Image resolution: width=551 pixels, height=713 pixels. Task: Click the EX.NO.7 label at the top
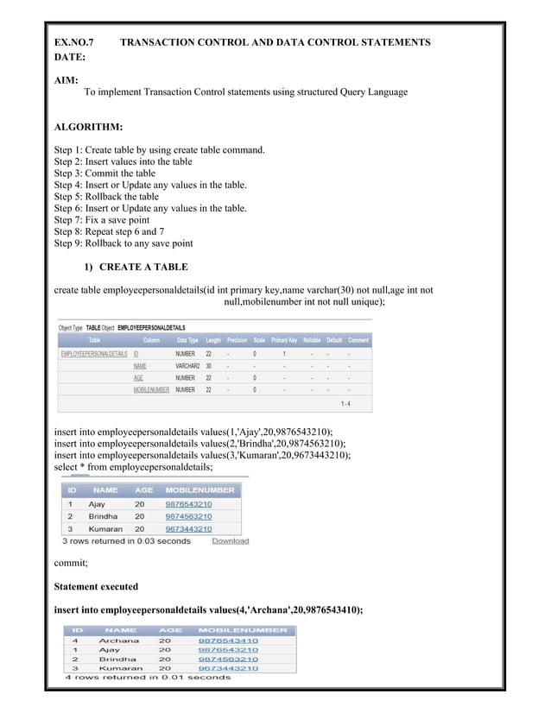(x=73, y=41)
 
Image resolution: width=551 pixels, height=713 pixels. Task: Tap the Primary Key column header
(x=284, y=340)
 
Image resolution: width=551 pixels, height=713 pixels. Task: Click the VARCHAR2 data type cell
(x=187, y=366)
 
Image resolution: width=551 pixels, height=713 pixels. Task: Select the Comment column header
(x=358, y=340)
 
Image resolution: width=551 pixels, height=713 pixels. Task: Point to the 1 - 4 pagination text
(x=345, y=402)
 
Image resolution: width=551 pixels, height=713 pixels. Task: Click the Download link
(x=230, y=541)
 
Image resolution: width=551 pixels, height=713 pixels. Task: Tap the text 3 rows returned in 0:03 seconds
(x=126, y=541)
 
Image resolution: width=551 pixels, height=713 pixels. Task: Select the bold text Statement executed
(x=96, y=587)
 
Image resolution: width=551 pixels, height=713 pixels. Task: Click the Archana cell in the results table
(x=118, y=640)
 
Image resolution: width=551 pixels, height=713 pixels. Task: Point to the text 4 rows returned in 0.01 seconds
(x=149, y=678)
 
